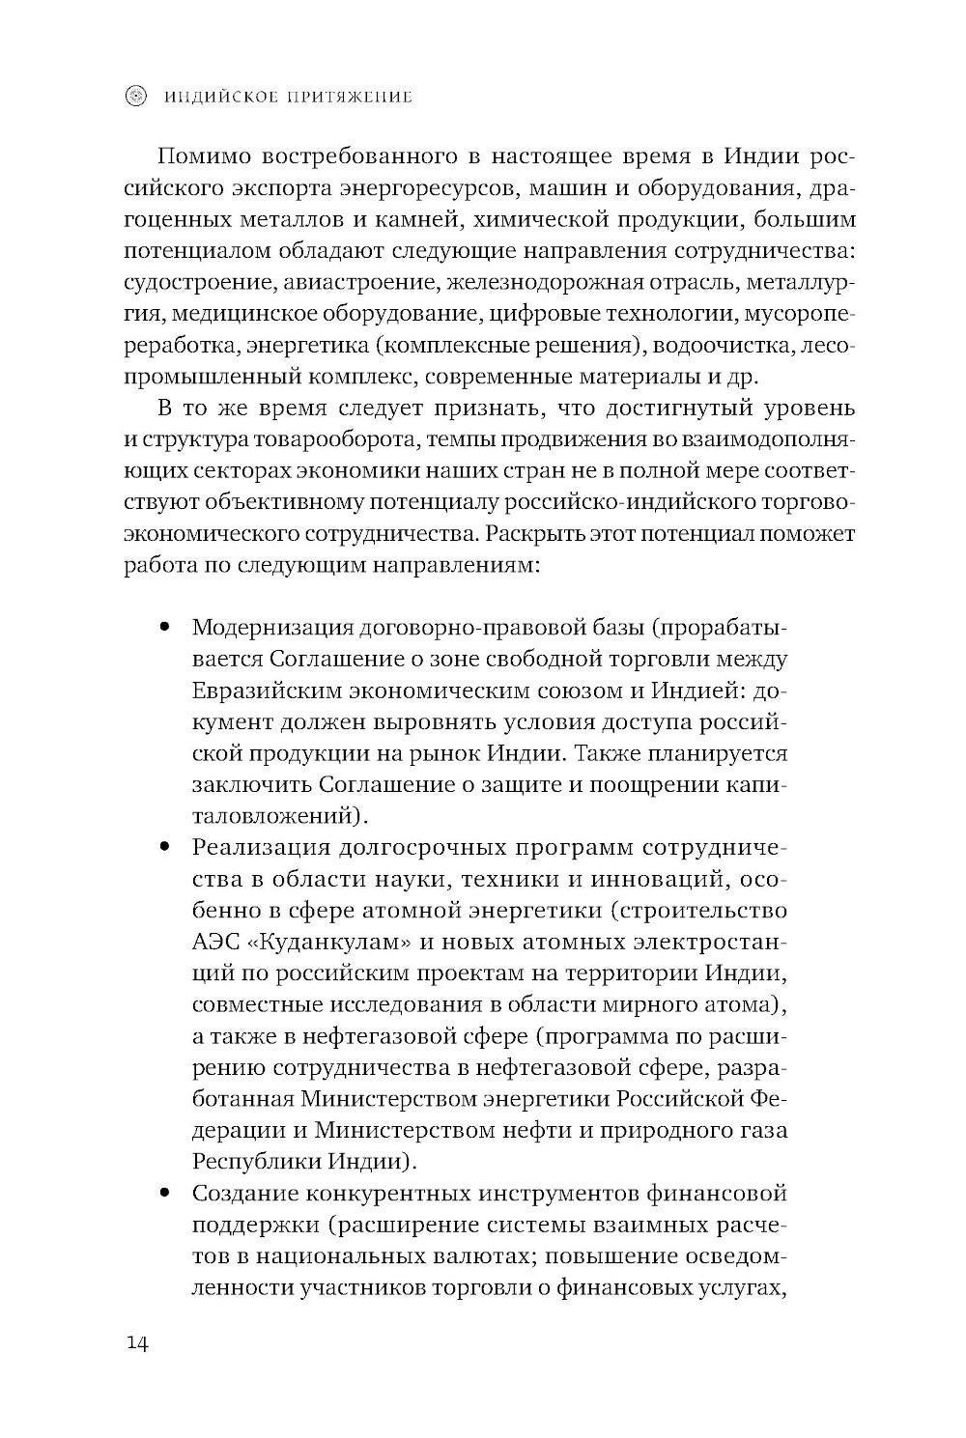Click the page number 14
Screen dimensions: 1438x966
(x=135, y=1344)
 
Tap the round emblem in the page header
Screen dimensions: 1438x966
(x=138, y=96)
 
